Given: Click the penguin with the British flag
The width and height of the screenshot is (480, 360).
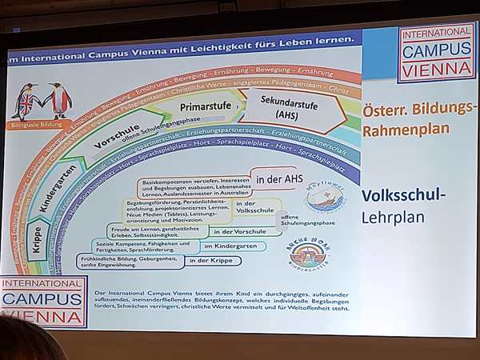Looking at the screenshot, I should pyautogui.click(x=26, y=101).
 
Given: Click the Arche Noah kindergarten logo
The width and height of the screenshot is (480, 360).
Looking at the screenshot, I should pyautogui.click(x=308, y=253).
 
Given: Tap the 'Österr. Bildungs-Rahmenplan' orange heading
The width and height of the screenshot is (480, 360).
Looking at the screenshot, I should pyautogui.click(x=415, y=118).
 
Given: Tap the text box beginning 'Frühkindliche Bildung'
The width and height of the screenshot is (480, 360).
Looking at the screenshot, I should pyautogui.click(x=128, y=261).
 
